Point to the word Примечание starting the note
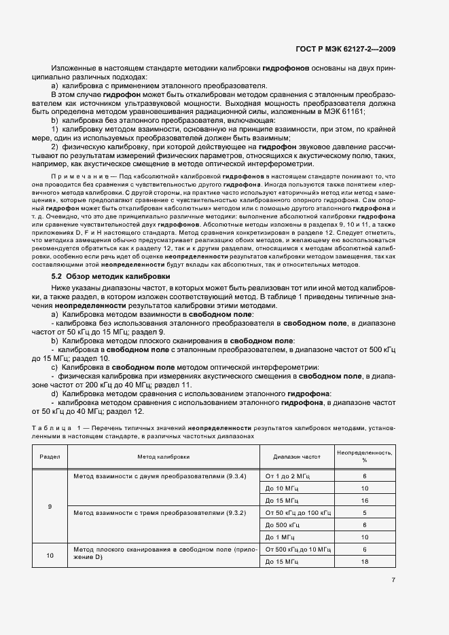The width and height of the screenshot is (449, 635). pos(73,174)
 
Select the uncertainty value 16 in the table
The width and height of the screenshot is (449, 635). pos(365,501)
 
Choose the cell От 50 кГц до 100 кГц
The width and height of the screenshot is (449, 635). pos(298,512)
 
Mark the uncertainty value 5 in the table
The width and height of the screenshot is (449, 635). pos(365,512)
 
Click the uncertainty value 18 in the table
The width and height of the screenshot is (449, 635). pos(365,562)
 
